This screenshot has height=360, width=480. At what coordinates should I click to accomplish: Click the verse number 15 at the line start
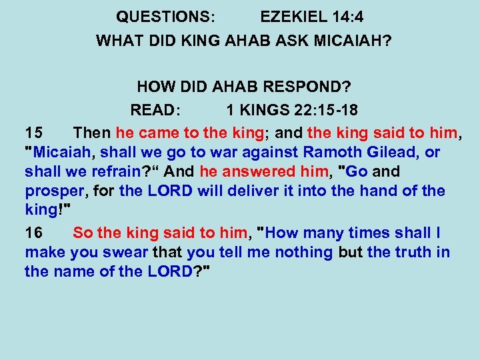point(34,132)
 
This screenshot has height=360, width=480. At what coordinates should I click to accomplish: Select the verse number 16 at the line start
point(34,233)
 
